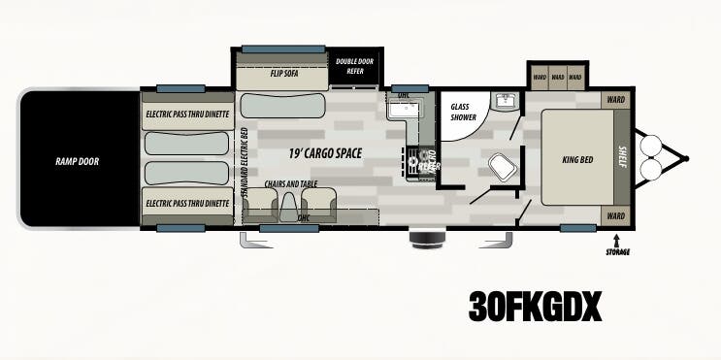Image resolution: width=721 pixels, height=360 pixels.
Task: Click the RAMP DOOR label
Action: [77, 161]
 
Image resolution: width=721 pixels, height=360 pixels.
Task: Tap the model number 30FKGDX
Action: [535, 307]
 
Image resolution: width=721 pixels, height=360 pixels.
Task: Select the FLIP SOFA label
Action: [282, 73]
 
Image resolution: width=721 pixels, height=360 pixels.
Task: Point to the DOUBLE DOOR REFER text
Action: [354, 66]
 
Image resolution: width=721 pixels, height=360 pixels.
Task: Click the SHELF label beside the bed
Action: [623, 157]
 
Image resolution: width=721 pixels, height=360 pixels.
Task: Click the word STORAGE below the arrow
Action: [617, 252]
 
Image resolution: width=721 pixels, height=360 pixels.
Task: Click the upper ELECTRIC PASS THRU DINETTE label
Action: [187, 115]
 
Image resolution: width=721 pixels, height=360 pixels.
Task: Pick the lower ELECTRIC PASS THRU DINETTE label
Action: [187, 204]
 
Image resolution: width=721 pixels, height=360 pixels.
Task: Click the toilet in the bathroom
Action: [502, 168]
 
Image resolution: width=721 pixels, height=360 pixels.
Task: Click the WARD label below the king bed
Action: [614, 215]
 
